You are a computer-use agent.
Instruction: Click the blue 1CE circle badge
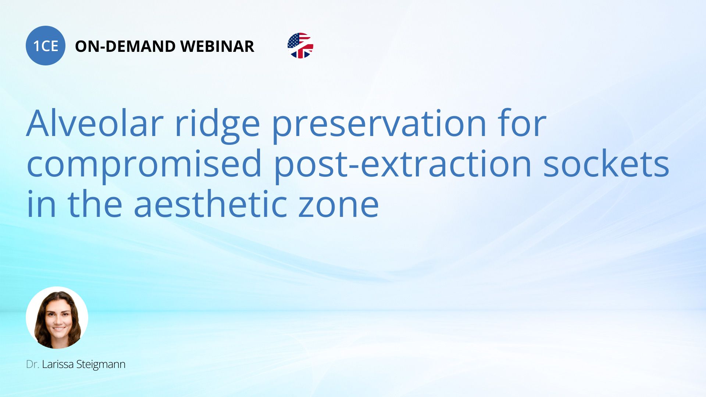coord(46,46)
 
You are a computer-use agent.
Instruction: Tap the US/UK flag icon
coord(300,46)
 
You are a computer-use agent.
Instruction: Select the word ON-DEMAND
coord(125,46)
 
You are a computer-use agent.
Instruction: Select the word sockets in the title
coord(606,164)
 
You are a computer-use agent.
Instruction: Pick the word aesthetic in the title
coord(210,204)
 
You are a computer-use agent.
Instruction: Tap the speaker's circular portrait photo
coord(57,318)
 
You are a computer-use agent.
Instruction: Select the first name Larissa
coord(57,364)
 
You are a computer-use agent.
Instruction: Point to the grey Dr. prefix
coord(32,364)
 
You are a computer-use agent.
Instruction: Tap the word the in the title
coord(95,204)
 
